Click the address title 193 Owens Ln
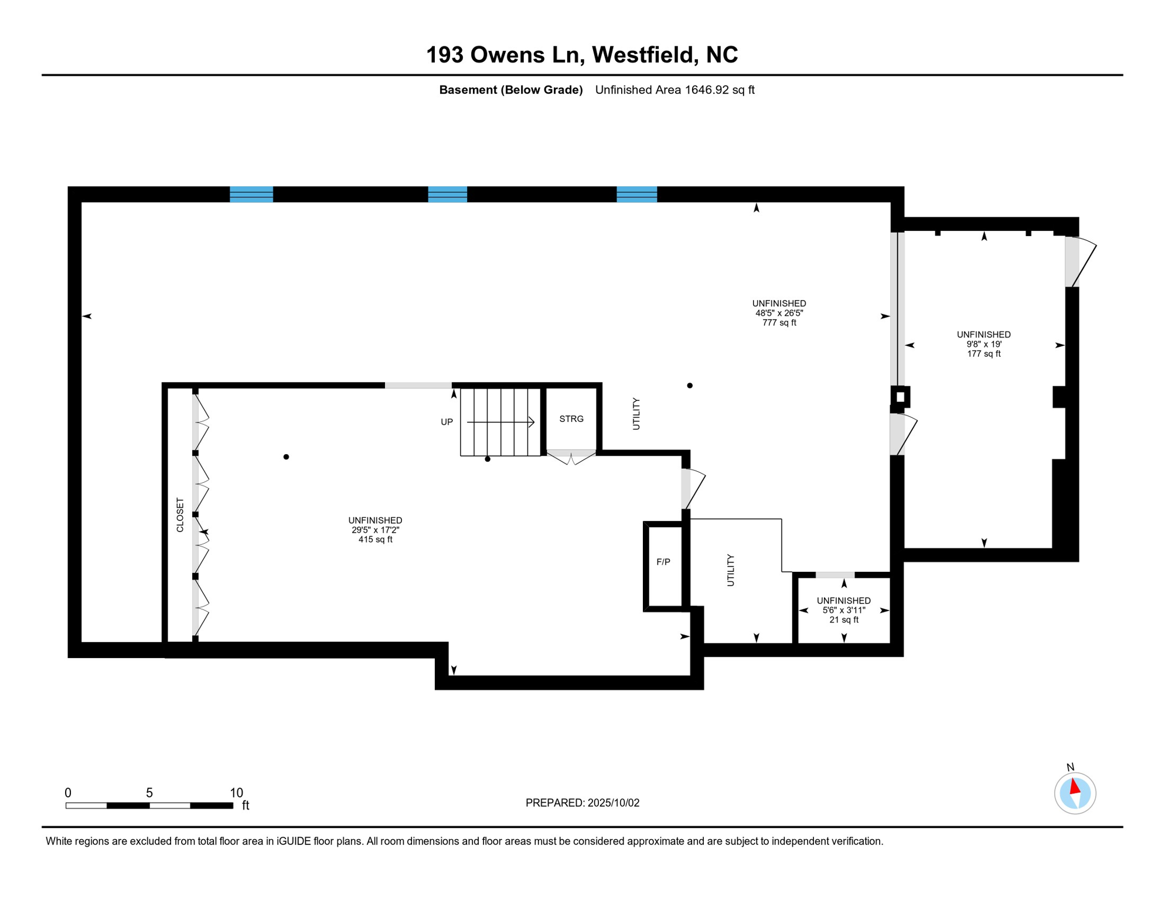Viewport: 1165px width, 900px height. [581, 55]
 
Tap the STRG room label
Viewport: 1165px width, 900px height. [571, 419]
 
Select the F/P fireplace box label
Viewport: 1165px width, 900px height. [663, 562]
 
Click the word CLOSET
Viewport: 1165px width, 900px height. [180, 515]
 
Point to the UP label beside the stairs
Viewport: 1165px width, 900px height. [447, 422]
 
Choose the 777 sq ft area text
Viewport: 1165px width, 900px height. [779, 323]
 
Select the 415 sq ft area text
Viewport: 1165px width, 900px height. [375, 540]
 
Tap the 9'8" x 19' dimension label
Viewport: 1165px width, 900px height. [983, 345]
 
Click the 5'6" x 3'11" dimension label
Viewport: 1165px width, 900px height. [843, 610]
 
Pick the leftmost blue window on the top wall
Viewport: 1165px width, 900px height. [251, 195]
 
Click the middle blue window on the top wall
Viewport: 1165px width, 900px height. [447, 195]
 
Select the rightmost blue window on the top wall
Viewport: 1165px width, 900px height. [636, 195]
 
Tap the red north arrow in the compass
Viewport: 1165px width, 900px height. [1074, 786]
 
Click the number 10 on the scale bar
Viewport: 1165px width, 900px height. [236, 793]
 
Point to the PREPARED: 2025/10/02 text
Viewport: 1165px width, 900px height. [582, 803]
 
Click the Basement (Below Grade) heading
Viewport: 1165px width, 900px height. [510, 90]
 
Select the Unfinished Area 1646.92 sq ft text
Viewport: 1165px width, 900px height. [675, 90]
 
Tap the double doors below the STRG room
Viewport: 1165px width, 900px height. [571, 457]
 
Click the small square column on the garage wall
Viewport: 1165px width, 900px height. [900, 397]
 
